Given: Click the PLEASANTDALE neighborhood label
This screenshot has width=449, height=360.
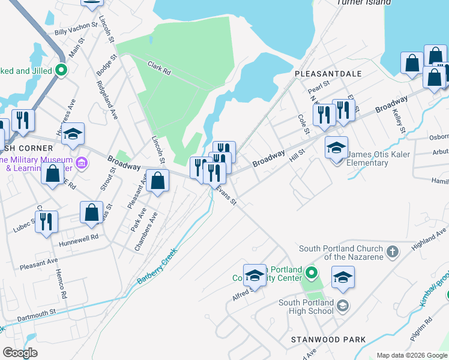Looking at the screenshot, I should [328, 73].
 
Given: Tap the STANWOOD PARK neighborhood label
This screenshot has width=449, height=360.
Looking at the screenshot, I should [328, 340].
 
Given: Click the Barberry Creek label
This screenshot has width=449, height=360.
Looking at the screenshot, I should [158, 267].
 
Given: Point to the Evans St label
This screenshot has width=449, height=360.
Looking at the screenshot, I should [226, 194].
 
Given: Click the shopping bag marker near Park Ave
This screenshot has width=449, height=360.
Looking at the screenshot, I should [157, 181].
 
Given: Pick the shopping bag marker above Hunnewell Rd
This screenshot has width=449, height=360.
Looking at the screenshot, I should [91, 212].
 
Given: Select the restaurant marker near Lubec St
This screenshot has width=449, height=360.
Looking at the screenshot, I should [47, 221].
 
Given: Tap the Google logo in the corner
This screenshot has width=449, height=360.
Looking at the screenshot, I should [20, 353].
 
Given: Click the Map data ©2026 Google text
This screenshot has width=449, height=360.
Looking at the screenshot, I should [411, 355].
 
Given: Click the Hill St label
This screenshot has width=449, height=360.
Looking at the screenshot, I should [297, 157].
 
